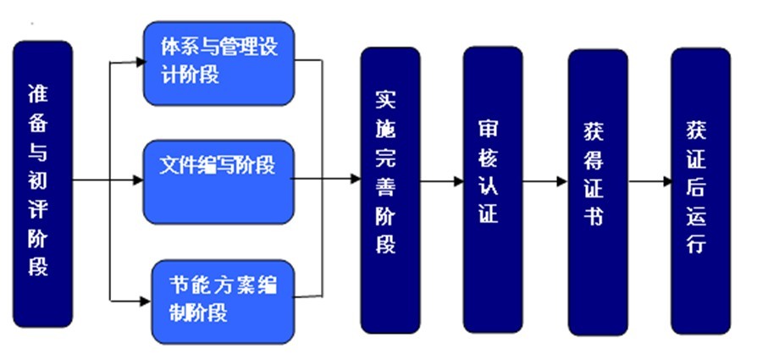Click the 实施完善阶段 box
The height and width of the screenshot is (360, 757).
click(390, 188)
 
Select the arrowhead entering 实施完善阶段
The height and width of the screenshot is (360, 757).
click(356, 180)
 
